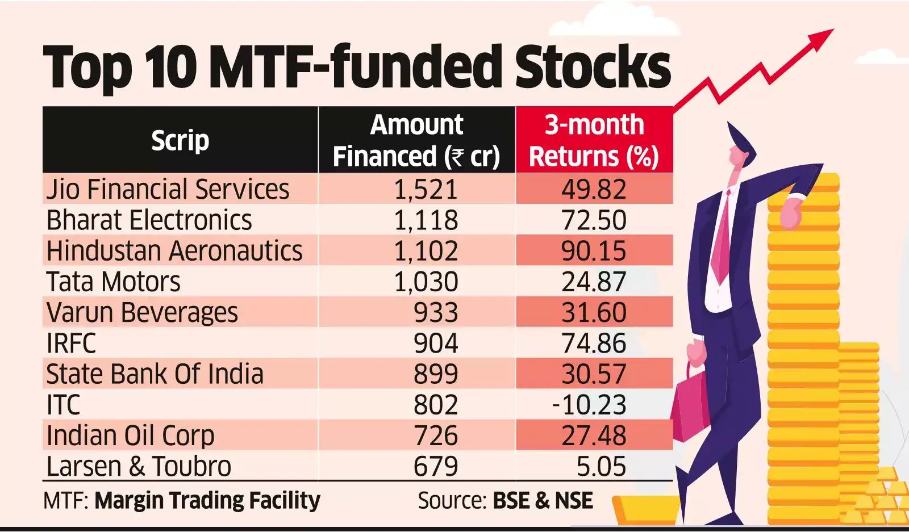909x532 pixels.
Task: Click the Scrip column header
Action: (x=180, y=140)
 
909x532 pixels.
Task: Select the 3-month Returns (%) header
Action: (x=594, y=140)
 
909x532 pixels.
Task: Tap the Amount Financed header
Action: (x=416, y=140)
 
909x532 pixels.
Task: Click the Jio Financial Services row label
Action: (x=168, y=189)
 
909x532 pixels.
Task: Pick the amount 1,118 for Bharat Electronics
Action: (x=426, y=220)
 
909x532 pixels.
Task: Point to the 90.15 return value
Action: (x=594, y=251)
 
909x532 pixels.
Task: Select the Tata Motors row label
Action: (x=113, y=282)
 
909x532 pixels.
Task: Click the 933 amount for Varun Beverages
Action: (x=435, y=312)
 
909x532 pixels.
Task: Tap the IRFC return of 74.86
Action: (x=594, y=344)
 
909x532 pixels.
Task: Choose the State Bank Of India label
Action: (x=155, y=374)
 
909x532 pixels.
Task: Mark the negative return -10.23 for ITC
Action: (x=589, y=405)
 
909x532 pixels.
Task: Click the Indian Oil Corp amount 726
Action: (x=435, y=435)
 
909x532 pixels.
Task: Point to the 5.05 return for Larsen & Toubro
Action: (x=601, y=467)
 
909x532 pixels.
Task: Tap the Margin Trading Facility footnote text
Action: (x=207, y=501)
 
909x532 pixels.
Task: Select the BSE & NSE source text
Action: (x=543, y=501)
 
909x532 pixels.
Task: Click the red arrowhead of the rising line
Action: (x=821, y=39)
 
